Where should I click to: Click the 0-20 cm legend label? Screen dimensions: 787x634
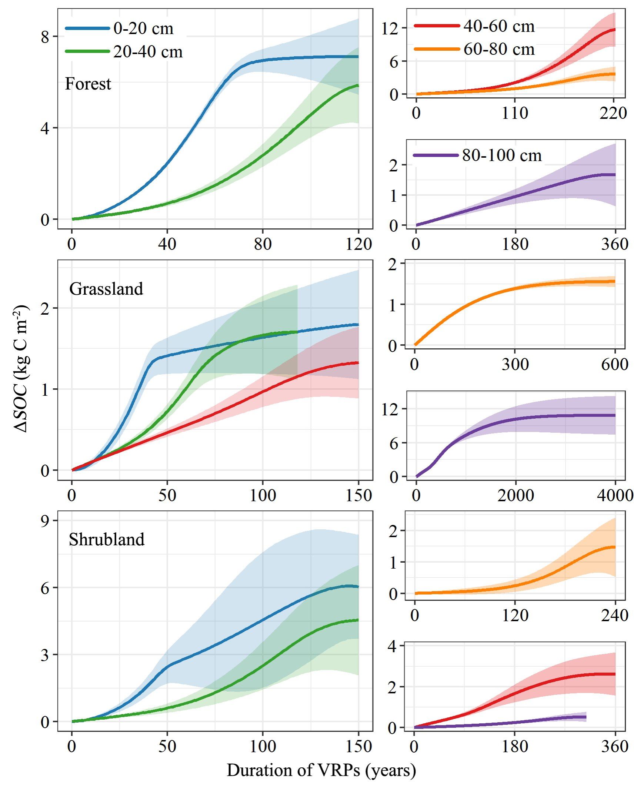tap(143, 29)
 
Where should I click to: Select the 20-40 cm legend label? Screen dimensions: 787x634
tap(148, 52)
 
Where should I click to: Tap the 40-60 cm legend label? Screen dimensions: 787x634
tap(499, 26)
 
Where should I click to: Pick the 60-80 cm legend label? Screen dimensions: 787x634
tap(499, 49)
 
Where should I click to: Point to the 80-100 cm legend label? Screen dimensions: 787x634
tap(501, 155)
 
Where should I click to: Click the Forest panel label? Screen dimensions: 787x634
tap(88, 84)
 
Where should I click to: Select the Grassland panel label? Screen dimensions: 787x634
tap(106, 289)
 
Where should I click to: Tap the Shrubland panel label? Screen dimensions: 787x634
tap(107, 540)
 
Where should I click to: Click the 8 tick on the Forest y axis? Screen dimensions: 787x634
tap(45, 37)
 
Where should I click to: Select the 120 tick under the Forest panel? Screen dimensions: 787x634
tap(358, 244)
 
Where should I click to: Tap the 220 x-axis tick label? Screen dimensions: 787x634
tap(613, 113)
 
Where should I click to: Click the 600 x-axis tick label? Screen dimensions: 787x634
tap(614, 364)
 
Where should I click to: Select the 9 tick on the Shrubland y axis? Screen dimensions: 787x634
tap(45, 521)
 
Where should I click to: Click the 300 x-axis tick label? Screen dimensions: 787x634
tap(515, 364)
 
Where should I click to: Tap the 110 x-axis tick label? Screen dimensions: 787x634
tap(515, 113)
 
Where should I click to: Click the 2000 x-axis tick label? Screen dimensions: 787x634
tap(515, 495)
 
